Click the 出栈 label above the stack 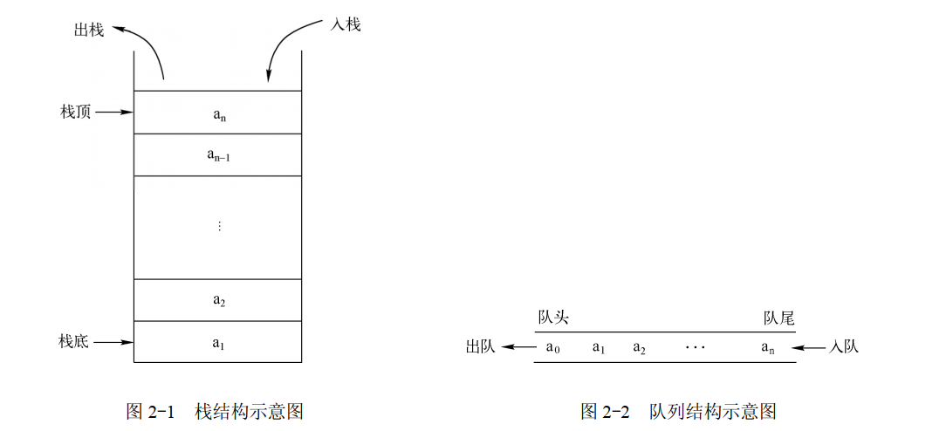click(x=89, y=31)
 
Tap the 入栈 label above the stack click(x=346, y=24)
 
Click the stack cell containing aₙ click(x=217, y=113)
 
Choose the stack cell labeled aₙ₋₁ click(x=217, y=155)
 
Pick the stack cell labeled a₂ click(x=217, y=300)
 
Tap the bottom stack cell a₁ click(x=217, y=342)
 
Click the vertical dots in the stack click(x=218, y=226)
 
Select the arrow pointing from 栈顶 click(x=114, y=112)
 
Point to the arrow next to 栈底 click(x=114, y=342)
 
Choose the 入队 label click(x=844, y=347)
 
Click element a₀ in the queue click(x=552, y=347)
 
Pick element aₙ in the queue click(x=768, y=347)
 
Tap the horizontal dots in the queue click(x=695, y=347)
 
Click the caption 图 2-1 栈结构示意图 click(x=215, y=411)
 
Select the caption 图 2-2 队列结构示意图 click(x=678, y=411)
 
